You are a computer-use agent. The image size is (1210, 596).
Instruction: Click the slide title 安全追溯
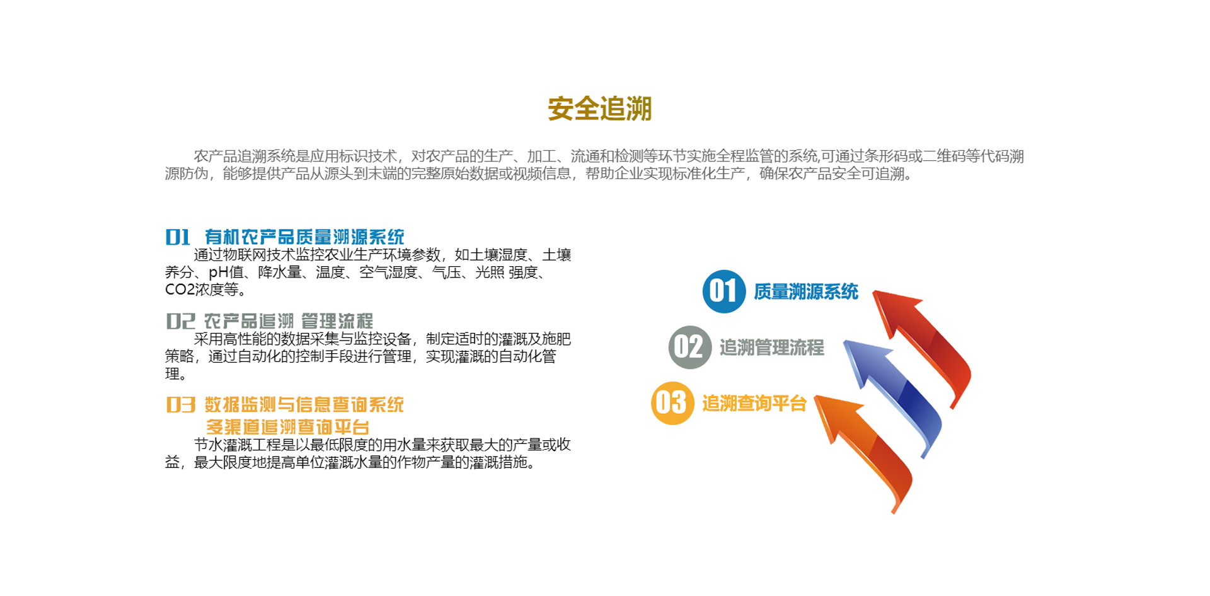pyautogui.click(x=599, y=108)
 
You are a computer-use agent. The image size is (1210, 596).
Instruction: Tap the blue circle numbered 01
pyautogui.click(x=724, y=291)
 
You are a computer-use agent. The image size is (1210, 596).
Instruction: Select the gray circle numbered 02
pyautogui.click(x=690, y=347)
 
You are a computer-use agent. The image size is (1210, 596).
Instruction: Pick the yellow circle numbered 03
pyautogui.click(x=672, y=403)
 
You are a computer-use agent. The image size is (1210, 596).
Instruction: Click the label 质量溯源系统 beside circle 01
pyautogui.click(x=806, y=291)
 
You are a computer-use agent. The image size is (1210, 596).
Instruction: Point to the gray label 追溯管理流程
pyautogui.click(x=772, y=347)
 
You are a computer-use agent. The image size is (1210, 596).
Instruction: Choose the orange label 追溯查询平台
pyautogui.click(x=754, y=403)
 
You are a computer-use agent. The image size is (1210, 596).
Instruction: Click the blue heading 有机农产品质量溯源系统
pyautogui.click(x=304, y=237)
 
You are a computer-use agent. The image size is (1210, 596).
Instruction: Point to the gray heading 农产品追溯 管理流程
pyautogui.click(x=289, y=321)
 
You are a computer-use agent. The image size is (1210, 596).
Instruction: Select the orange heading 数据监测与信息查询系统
pyautogui.click(x=304, y=404)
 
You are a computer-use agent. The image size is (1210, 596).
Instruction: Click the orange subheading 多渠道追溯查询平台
pyautogui.click(x=287, y=427)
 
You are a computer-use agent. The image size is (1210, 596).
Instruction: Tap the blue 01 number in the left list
pyautogui.click(x=178, y=237)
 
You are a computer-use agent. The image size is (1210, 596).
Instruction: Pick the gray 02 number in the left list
pyautogui.click(x=180, y=321)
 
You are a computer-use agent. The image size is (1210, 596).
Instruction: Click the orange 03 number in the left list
pyautogui.click(x=181, y=405)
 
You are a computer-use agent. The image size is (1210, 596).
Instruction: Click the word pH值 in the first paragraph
pyautogui.click(x=226, y=272)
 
